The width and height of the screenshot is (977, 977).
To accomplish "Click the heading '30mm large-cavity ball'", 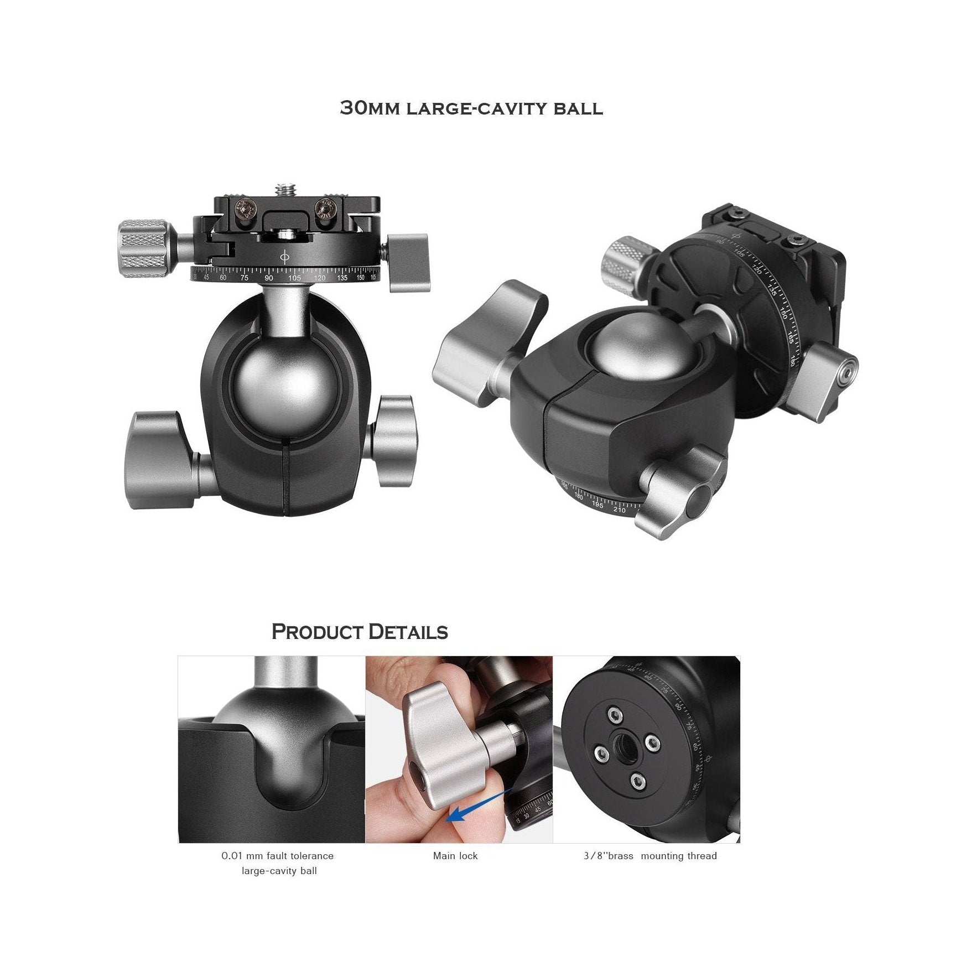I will (x=471, y=107).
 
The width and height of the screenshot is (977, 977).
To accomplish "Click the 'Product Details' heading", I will (x=360, y=632).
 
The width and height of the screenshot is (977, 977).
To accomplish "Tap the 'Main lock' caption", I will (x=455, y=856).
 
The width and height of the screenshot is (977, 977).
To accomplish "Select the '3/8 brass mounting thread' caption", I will (x=650, y=856).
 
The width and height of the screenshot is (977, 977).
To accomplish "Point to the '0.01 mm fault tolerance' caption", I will (x=278, y=856).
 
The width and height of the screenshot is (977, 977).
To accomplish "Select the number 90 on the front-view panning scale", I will (x=269, y=278).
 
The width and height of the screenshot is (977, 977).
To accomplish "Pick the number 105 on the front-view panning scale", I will (x=294, y=278).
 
